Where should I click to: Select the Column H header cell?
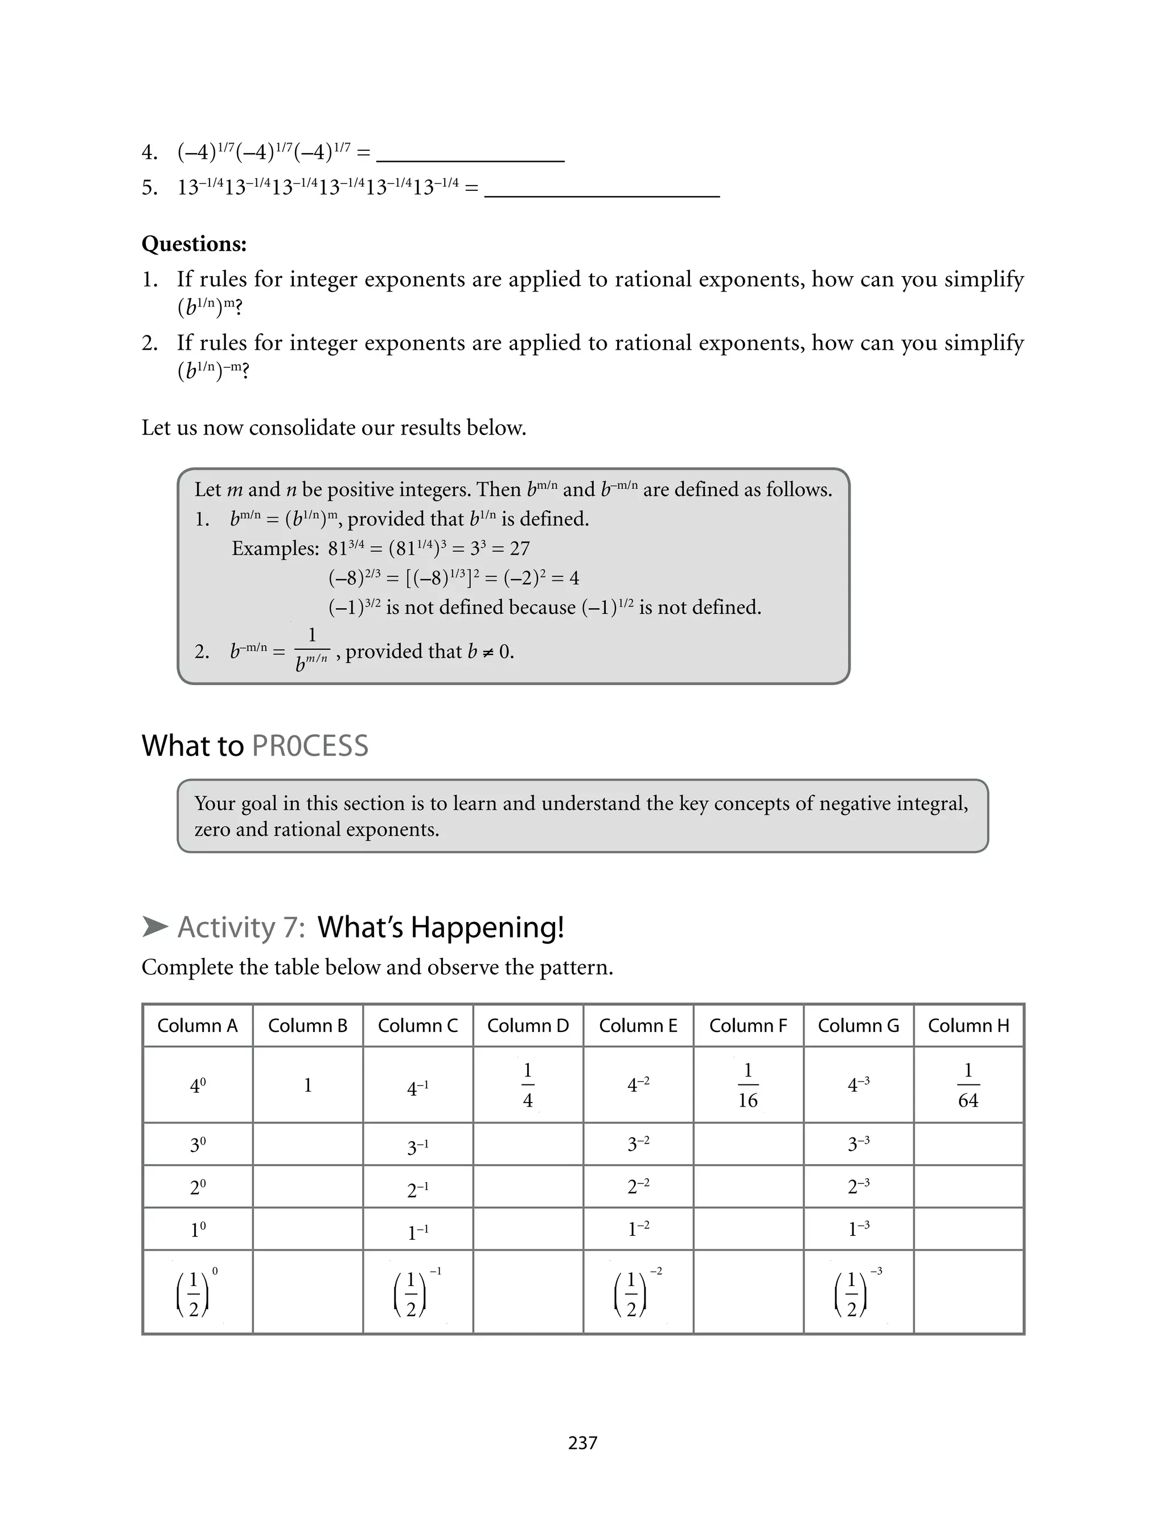tap(968, 1025)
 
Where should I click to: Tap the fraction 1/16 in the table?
tap(748, 1085)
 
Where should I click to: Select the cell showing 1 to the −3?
tap(858, 1229)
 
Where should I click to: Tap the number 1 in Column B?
tap(307, 1085)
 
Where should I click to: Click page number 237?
tap(582, 1443)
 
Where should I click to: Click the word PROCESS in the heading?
tap(310, 746)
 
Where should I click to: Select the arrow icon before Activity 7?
tap(155, 927)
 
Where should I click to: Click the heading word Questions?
tap(194, 244)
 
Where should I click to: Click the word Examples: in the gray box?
tap(275, 549)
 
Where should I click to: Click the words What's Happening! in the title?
tap(440, 927)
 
